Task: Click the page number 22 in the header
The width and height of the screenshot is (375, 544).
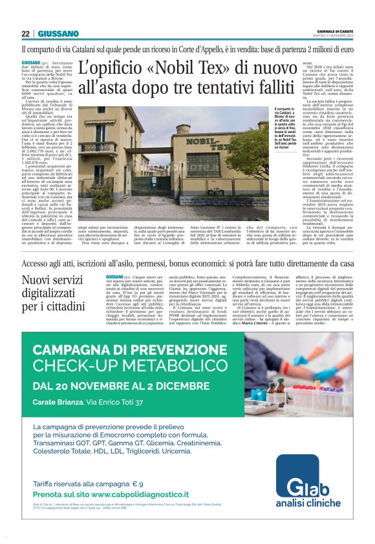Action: (26, 34)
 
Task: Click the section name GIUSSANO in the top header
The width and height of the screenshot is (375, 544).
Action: (58, 34)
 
